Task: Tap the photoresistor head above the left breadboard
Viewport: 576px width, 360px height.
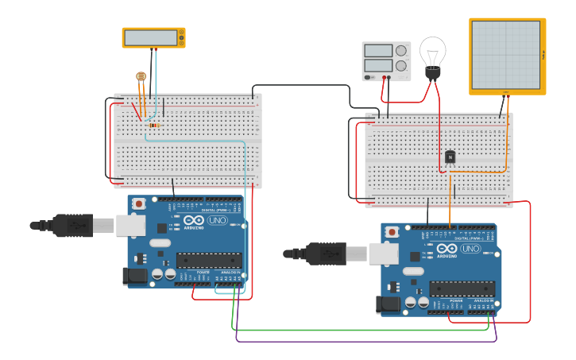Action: point(141,76)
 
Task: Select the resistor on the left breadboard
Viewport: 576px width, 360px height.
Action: point(153,125)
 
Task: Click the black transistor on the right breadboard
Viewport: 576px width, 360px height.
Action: point(450,157)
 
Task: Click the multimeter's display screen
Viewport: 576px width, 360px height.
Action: point(151,37)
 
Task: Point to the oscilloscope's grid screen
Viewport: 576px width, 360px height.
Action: point(505,55)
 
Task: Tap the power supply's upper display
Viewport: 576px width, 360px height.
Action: point(378,51)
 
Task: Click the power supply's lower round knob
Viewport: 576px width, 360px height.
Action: point(401,66)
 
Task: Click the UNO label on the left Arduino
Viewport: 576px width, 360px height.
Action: point(217,220)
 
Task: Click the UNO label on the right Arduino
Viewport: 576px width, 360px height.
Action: point(470,248)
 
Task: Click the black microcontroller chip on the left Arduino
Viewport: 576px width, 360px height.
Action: point(209,260)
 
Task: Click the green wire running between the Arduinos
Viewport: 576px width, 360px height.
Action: point(358,329)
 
